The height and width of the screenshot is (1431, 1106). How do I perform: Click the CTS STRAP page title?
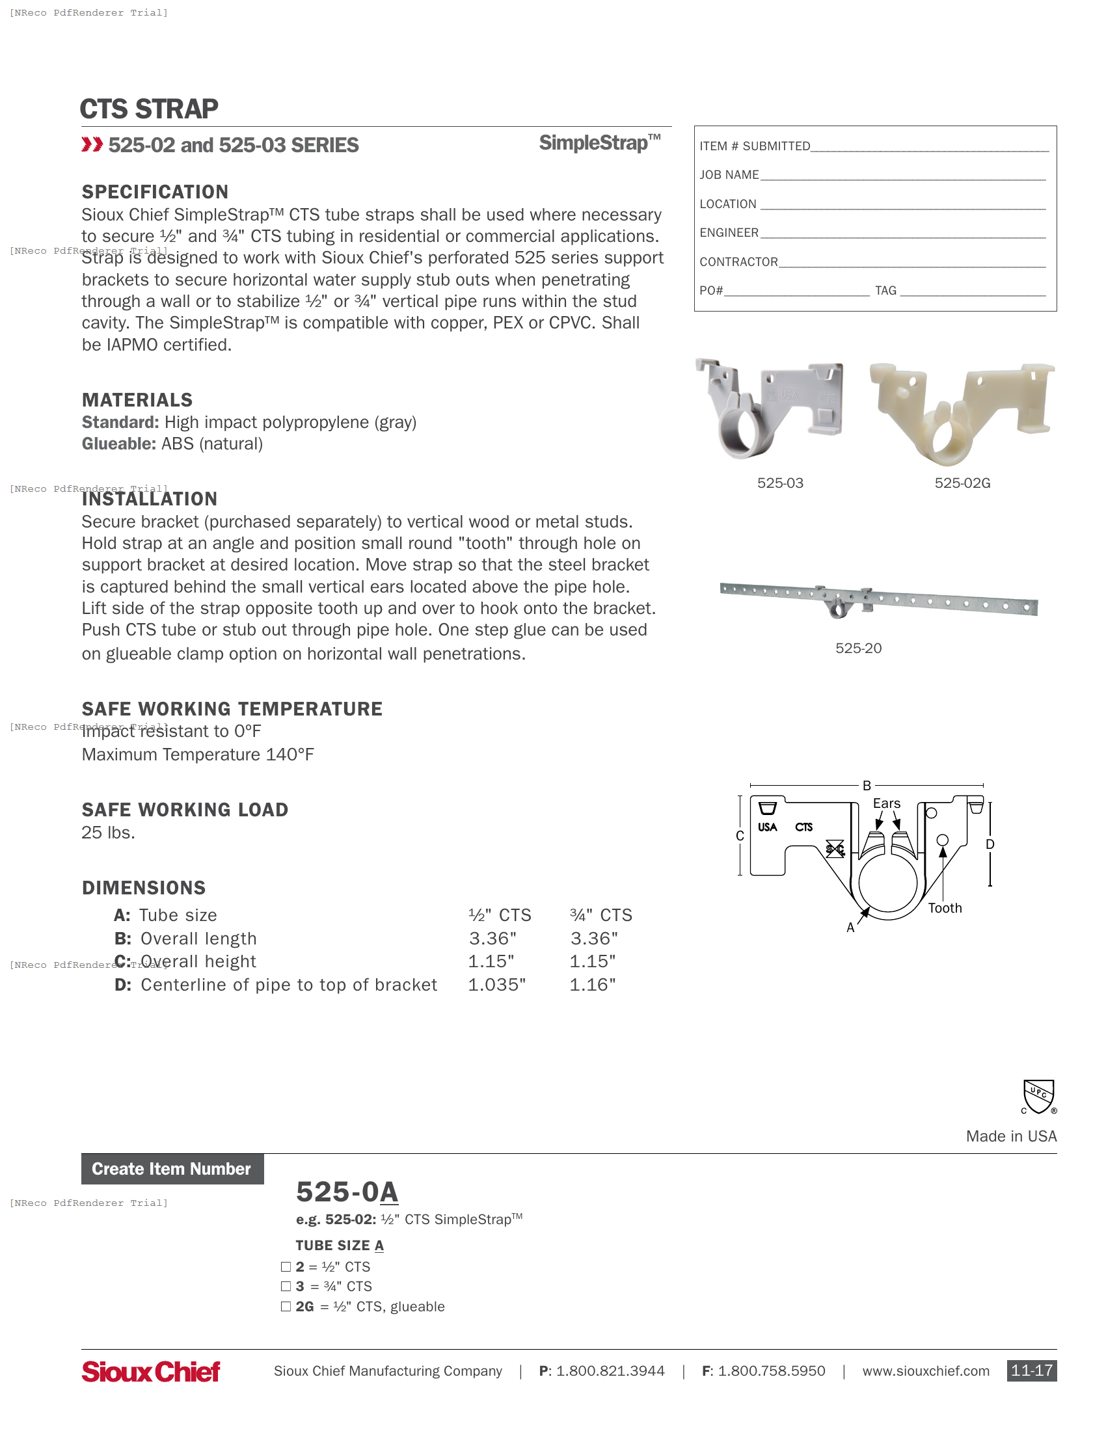[x=149, y=109]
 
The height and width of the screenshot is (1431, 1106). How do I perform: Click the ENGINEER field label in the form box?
[x=729, y=233]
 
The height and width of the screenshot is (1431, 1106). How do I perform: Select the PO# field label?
[x=711, y=290]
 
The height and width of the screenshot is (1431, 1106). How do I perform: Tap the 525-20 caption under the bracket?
[x=857, y=648]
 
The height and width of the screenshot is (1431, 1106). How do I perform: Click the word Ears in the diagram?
[x=886, y=803]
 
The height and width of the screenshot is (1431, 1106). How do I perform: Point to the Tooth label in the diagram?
[x=944, y=908]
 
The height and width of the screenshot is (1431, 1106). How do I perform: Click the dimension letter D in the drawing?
[x=990, y=844]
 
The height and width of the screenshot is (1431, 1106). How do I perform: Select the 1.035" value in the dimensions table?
[x=496, y=985]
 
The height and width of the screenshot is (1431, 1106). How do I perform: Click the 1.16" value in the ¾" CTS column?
[x=592, y=985]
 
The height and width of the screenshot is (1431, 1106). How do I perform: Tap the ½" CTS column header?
[x=499, y=915]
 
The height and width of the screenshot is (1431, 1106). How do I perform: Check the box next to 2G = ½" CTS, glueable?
[x=286, y=1307]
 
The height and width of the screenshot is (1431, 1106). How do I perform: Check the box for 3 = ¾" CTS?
[x=286, y=1286]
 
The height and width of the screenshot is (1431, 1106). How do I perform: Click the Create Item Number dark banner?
[x=172, y=1169]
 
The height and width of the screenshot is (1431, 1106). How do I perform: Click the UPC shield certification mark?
[x=1038, y=1096]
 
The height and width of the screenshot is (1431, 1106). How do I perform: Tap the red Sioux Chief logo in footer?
[x=151, y=1371]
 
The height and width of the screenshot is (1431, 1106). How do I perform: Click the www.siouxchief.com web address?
[x=925, y=1371]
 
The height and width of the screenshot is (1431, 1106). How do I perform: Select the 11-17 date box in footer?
[x=1031, y=1371]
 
